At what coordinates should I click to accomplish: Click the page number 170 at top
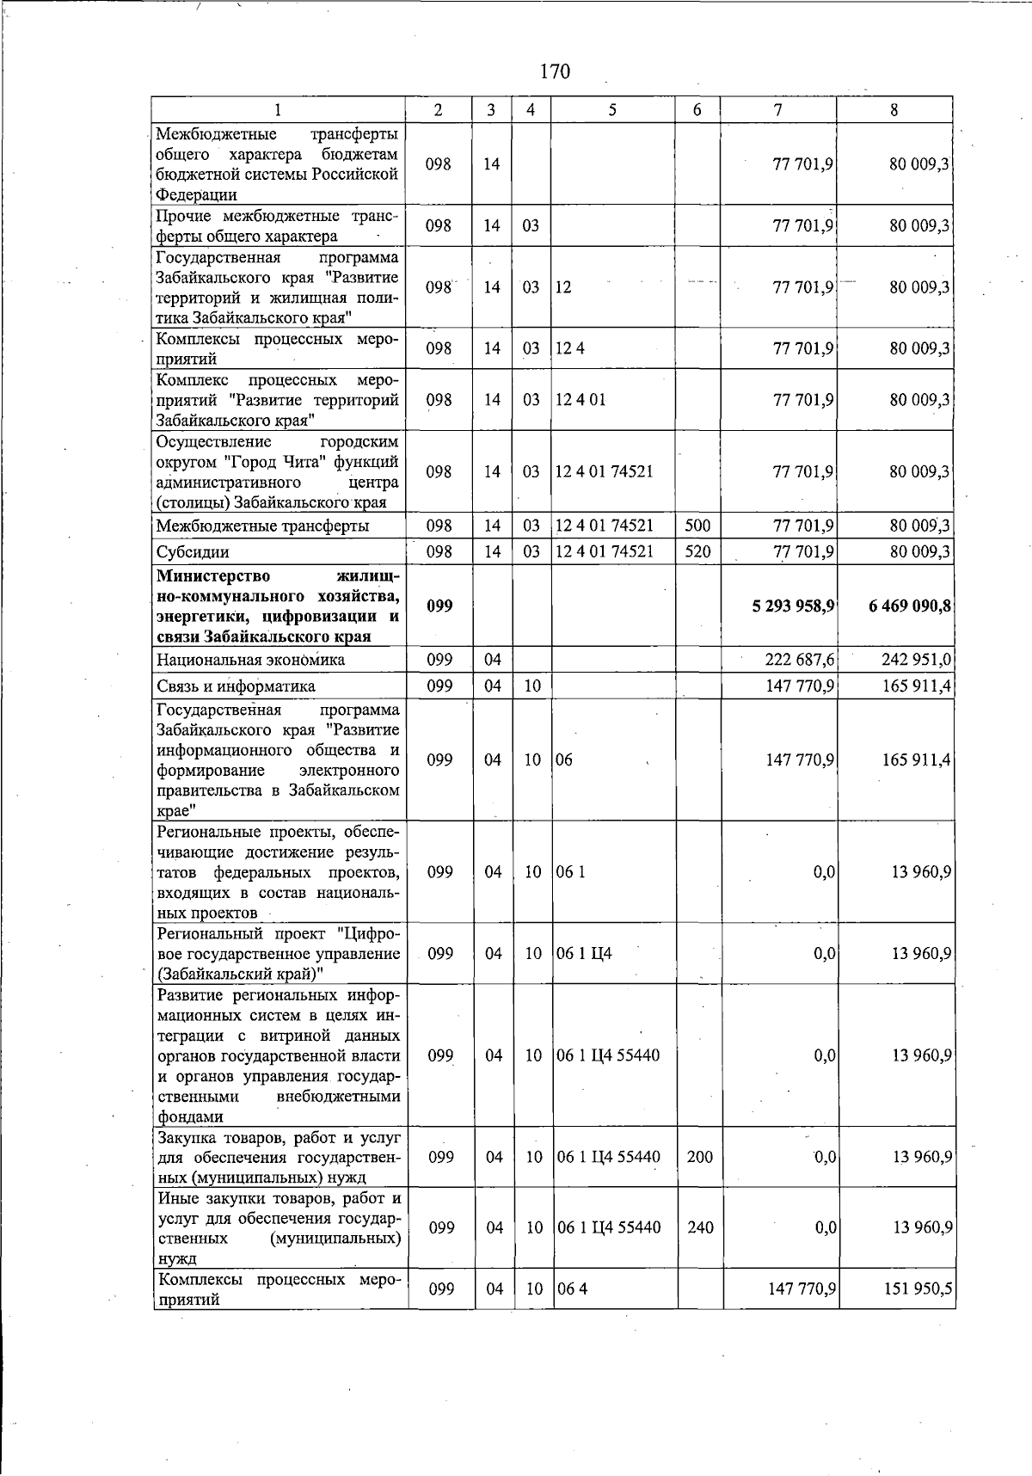coord(555,71)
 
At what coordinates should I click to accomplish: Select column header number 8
coord(894,110)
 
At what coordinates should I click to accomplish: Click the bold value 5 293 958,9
coord(792,606)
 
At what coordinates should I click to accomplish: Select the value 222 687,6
coord(800,660)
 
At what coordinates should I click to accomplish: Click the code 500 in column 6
coord(697,526)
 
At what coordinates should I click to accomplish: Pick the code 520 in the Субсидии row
coord(697,551)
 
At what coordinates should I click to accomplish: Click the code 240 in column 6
coord(700,1227)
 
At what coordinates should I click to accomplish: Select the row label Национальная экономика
coord(250,660)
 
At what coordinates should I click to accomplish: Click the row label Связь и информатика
coord(236,686)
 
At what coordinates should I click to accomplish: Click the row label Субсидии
coord(193,551)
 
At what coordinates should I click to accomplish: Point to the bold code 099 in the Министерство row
coord(439,606)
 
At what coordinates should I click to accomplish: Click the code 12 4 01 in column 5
coord(580,400)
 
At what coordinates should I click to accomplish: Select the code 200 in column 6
coord(700,1157)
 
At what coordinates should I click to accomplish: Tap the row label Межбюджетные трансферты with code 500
coord(262,526)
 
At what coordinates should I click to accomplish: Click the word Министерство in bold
coord(213,575)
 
